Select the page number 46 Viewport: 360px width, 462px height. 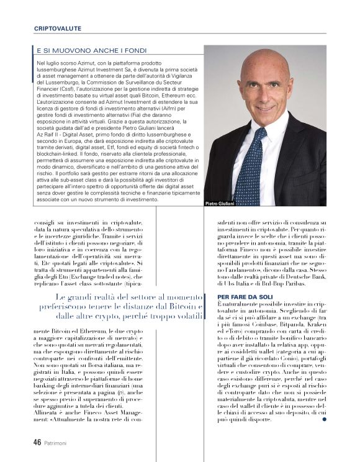point(37,442)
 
